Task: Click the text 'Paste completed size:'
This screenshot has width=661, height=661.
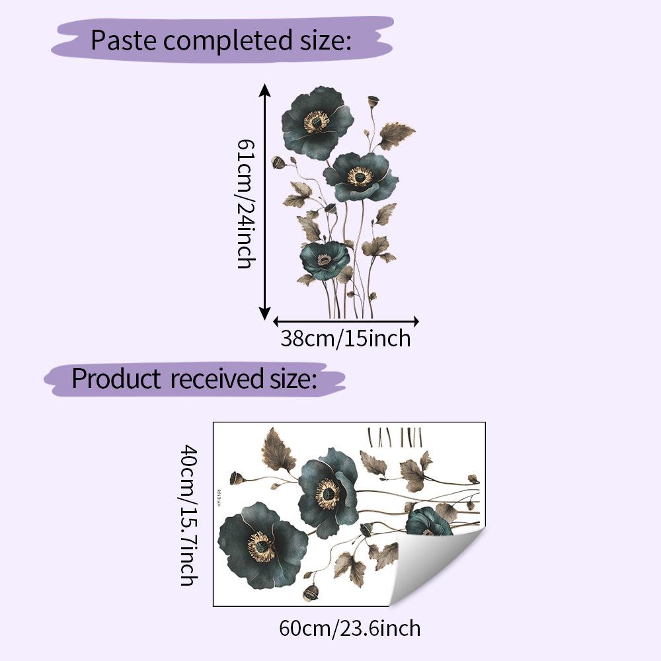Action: (220, 40)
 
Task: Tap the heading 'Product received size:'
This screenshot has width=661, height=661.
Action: (194, 379)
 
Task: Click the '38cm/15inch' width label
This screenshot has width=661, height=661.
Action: (346, 338)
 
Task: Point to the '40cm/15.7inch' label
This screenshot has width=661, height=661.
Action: (189, 515)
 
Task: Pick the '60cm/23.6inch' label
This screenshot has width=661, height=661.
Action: (350, 627)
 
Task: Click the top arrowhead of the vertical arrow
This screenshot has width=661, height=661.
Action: (265, 89)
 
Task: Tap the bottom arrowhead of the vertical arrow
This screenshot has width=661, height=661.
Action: (265, 314)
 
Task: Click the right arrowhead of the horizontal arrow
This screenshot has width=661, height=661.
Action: (415, 322)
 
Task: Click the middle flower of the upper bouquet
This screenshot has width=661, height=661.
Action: (360, 176)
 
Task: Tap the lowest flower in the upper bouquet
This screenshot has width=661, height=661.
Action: (325, 259)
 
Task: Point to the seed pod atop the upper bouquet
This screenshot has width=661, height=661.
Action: (373, 102)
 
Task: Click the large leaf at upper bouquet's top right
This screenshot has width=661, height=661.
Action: (396, 134)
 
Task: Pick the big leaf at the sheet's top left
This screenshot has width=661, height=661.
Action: (277, 450)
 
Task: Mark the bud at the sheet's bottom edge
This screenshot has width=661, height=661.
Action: (310, 593)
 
